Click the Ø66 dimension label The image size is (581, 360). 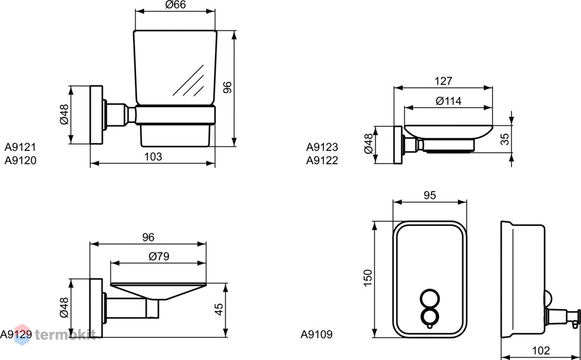tap(175, 5)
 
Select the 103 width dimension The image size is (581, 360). tap(153, 157)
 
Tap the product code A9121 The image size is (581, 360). tap(20, 148)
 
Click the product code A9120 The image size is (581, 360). tap(20, 161)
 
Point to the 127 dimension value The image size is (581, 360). tap(443, 81)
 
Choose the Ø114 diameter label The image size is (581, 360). tap(448, 101)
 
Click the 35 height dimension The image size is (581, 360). tap(505, 139)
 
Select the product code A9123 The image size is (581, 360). tap(322, 148)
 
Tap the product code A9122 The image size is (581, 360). tap(322, 161)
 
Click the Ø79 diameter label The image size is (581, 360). tap(159, 257)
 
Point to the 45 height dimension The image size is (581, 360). tap(220, 309)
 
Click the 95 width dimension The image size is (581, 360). tap(430, 195)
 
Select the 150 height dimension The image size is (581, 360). tap(368, 278)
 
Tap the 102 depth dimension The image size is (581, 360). tap(541, 350)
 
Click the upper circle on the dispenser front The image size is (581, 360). tap(430, 299)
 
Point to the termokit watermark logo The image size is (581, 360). tap(55, 334)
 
